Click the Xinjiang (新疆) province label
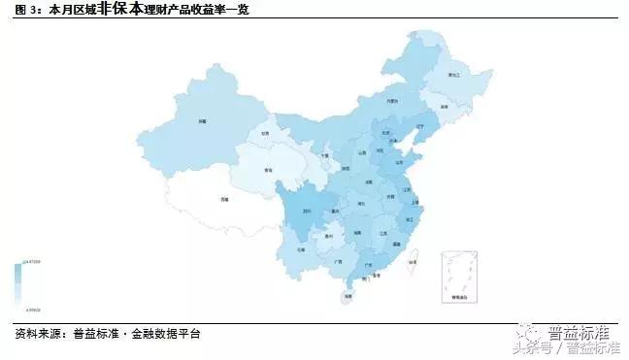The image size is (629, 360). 203,121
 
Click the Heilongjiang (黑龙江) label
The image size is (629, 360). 452,74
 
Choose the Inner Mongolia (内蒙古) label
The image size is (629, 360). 391,100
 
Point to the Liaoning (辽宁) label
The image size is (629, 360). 420,127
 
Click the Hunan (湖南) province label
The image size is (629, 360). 358,233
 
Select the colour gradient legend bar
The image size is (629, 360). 18,285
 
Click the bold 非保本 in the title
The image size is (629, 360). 115,12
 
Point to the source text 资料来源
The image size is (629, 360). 35,334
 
